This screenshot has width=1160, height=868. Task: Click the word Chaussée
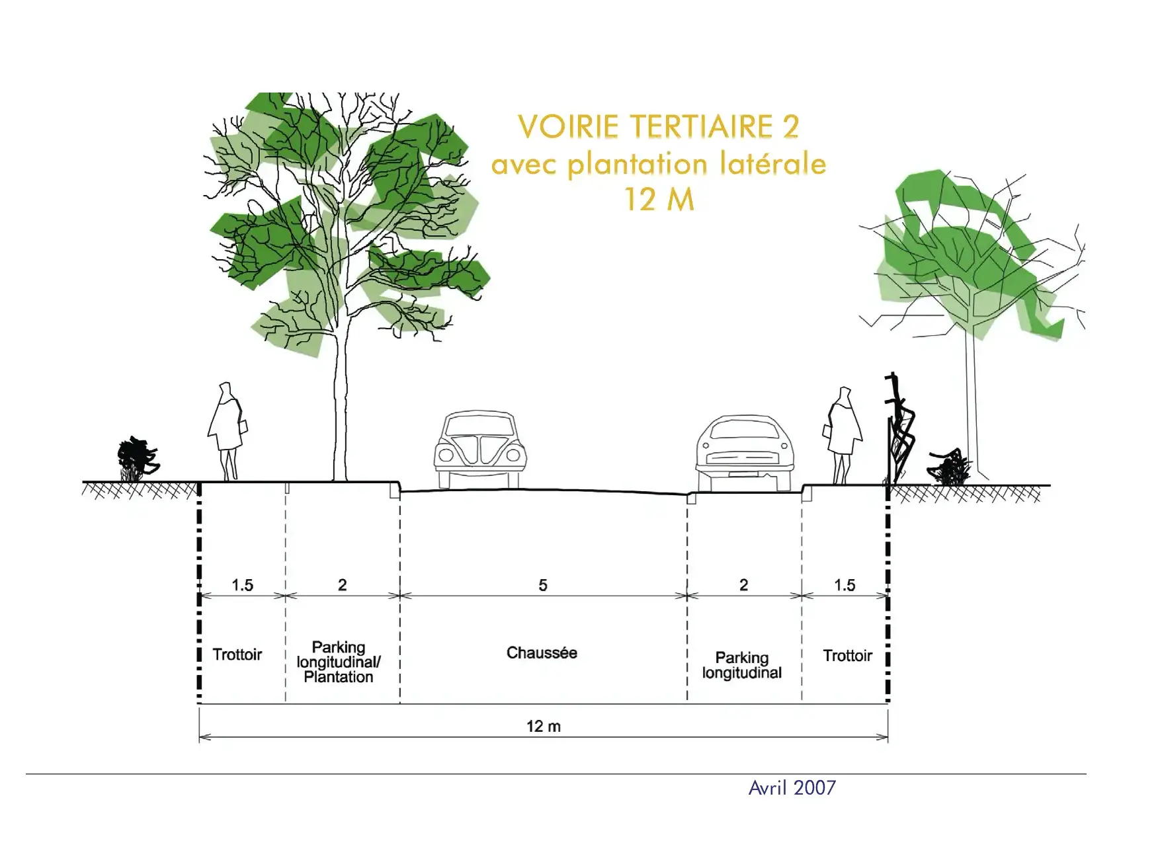tap(542, 653)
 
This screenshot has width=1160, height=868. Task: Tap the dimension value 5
tap(543, 585)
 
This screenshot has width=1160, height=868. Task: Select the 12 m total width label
tap(544, 727)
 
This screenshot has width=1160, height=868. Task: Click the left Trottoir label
tap(237, 654)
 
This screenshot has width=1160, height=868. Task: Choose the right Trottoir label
tap(847, 656)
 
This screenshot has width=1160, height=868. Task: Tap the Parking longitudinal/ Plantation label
tap(339, 662)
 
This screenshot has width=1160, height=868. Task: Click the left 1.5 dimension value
tap(242, 585)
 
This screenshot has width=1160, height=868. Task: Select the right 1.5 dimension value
tap(845, 585)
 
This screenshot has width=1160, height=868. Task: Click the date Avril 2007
tap(792, 787)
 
